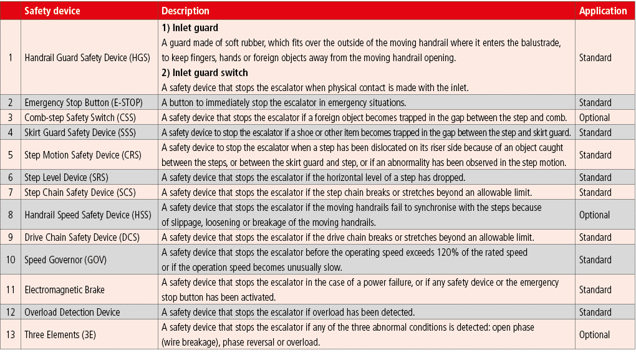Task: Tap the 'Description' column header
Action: point(185,11)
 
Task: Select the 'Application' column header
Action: point(602,11)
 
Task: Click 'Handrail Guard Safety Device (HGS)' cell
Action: point(87,57)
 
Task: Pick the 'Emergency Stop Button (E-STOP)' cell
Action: point(82,102)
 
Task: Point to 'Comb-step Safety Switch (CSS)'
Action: point(79,117)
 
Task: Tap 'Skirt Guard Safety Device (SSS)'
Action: point(79,132)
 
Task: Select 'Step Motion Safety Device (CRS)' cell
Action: point(83,155)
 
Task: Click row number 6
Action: point(11,177)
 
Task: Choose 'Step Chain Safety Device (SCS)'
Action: point(80,192)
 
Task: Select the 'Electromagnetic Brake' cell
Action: point(65,289)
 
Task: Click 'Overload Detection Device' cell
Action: point(72,312)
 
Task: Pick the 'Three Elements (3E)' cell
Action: point(60,334)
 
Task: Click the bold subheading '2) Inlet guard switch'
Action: point(205,73)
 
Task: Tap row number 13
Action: point(11,334)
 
